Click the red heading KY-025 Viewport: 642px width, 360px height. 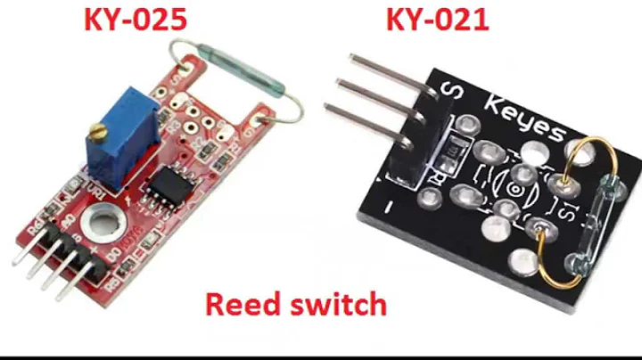tap(136, 20)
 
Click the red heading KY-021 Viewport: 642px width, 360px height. tap(437, 20)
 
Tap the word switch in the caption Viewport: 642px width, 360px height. tap(336, 305)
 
